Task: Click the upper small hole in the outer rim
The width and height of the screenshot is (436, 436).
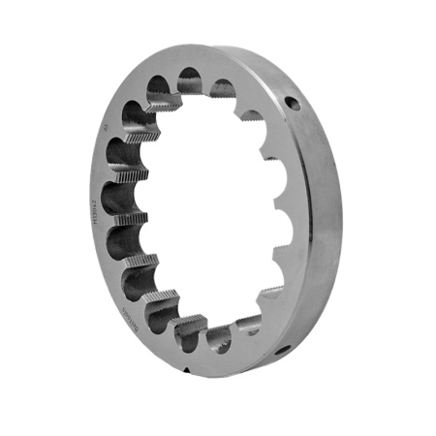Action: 290,99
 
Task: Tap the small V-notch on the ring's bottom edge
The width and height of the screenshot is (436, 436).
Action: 185,370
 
